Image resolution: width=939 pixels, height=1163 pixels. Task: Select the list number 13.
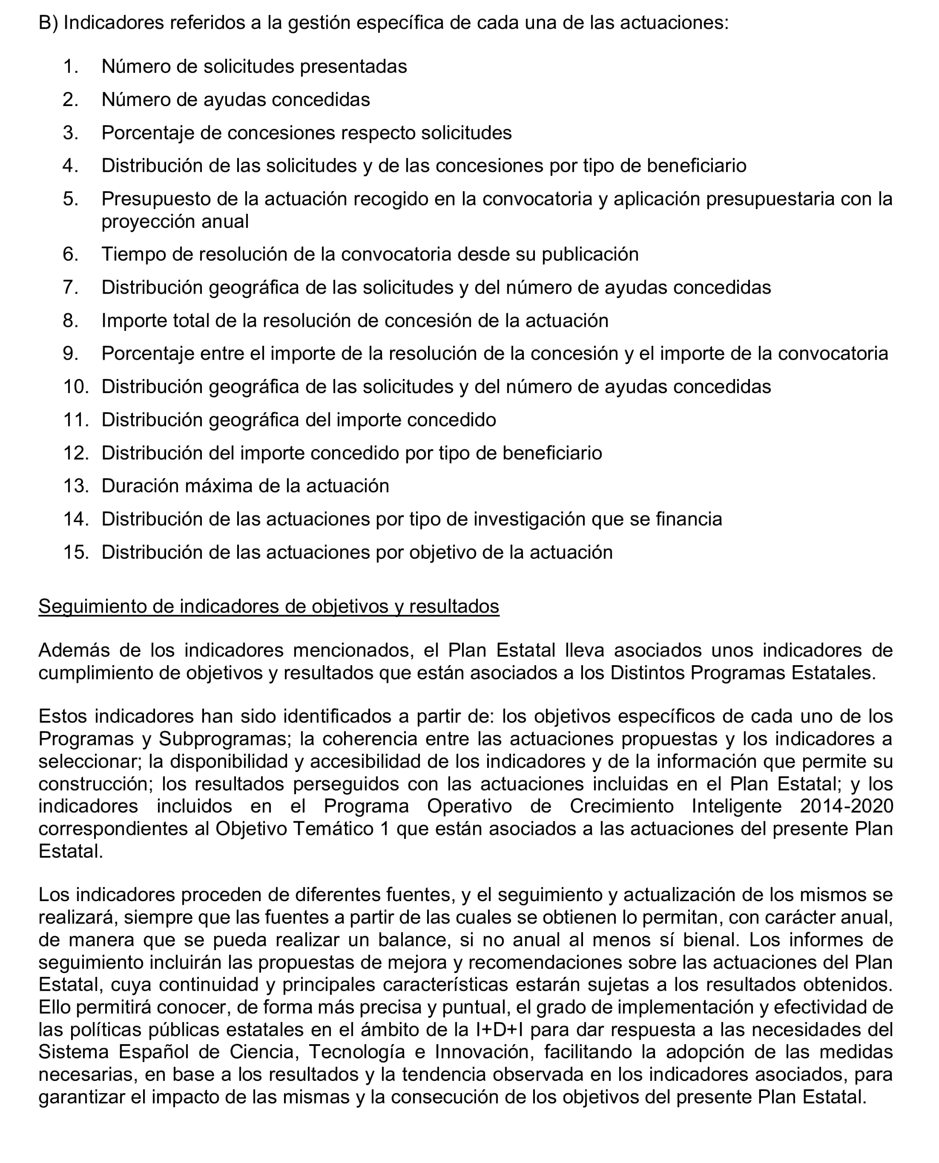[75, 486]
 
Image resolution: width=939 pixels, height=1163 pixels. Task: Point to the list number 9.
[70, 353]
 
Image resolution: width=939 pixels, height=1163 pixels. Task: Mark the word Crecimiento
[621, 807]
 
